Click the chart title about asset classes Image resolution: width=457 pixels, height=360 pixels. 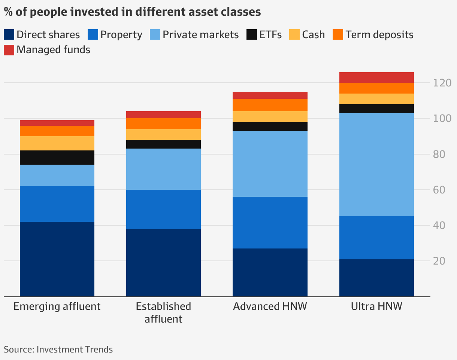pos(132,12)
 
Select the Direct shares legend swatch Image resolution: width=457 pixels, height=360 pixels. pos(9,35)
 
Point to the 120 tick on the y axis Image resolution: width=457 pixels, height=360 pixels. pos(442,83)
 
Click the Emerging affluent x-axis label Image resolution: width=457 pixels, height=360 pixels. pos(57,306)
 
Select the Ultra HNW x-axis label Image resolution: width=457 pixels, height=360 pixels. pos(376,306)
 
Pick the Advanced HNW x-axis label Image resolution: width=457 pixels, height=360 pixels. pos(270,306)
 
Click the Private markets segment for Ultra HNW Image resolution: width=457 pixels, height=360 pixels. pos(376,165)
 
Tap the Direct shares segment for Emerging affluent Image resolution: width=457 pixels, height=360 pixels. pos(57,259)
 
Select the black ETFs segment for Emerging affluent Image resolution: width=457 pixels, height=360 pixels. pos(57,158)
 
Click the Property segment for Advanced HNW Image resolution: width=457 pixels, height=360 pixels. pos(270,223)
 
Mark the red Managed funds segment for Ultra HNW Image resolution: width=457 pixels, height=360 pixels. pos(376,77)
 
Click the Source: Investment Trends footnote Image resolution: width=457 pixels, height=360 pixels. pos(58,350)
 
